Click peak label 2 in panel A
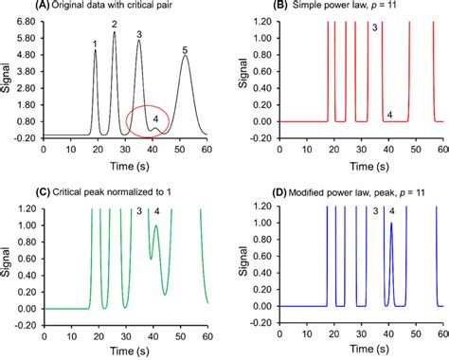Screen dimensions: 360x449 coord(115,24)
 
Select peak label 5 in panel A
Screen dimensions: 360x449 coord(186,48)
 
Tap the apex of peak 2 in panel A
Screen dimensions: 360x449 coord(115,33)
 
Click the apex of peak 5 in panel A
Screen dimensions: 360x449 coord(186,57)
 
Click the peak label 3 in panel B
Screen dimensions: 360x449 coord(375,29)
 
